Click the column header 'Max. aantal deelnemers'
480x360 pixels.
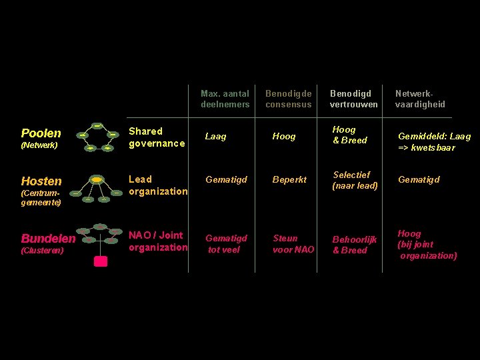click(225, 99)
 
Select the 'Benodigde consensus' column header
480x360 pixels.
click(289, 99)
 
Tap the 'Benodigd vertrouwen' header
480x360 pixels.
click(353, 99)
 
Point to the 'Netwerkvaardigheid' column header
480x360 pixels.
click(420, 99)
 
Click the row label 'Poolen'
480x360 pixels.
click(41, 133)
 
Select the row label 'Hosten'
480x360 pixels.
click(41, 181)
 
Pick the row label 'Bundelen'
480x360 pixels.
click(48, 239)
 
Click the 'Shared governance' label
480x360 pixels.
click(157, 137)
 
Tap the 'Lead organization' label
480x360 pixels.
click(158, 185)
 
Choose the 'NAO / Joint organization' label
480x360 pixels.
click(158, 241)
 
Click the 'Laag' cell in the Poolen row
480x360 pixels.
click(215, 137)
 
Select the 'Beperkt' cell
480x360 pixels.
click(289, 180)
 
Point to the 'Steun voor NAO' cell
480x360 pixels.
click(293, 244)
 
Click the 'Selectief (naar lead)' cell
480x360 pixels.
click(355, 180)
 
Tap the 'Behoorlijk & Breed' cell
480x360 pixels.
click(355, 245)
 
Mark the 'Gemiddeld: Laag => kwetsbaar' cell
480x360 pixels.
click(434, 141)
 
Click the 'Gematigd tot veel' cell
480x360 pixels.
click(226, 244)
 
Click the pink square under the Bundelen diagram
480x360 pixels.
click(101, 261)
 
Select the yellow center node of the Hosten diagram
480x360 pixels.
click(97, 180)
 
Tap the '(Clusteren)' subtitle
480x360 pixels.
click(42, 251)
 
